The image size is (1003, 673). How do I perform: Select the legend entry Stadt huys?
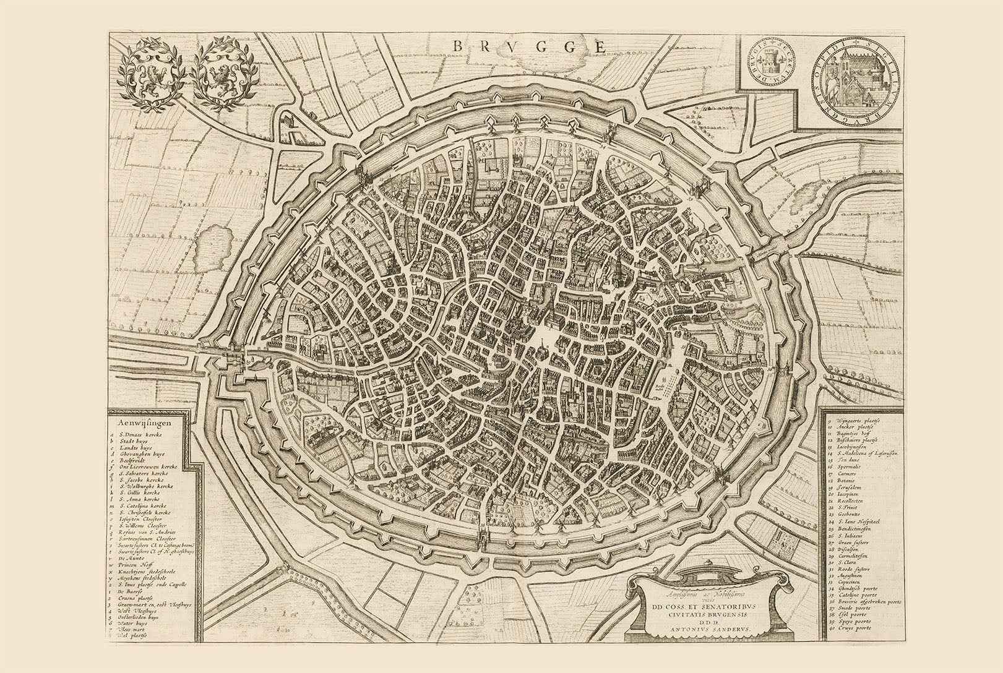[x=134, y=441]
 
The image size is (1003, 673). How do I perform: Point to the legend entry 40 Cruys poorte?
[x=855, y=628]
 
